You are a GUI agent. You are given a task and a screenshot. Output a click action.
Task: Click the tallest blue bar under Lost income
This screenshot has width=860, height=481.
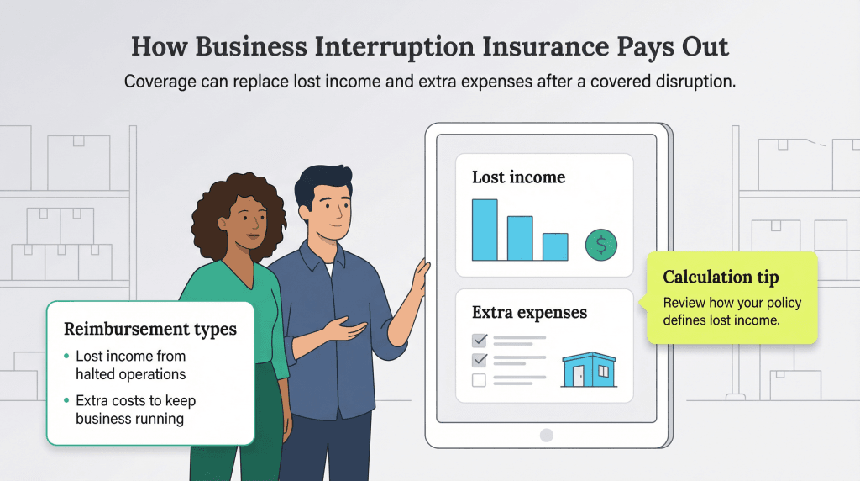pyautogui.click(x=485, y=230)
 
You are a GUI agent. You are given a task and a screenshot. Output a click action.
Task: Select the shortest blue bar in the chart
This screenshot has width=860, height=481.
pyautogui.click(x=555, y=246)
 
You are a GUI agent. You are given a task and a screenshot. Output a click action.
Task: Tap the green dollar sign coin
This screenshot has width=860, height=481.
pyautogui.click(x=601, y=245)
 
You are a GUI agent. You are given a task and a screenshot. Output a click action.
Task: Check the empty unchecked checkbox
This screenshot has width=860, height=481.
pyautogui.click(x=480, y=380)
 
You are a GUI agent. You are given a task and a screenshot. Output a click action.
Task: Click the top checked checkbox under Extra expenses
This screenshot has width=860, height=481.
pyautogui.click(x=480, y=341)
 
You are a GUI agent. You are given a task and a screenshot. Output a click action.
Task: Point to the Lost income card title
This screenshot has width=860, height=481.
pyautogui.click(x=518, y=177)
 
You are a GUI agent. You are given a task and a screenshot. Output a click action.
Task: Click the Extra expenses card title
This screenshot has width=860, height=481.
pyautogui.click(x=529, y=313)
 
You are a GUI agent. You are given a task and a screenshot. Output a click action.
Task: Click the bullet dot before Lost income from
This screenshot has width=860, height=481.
pyautogui.click(x=66, y=357)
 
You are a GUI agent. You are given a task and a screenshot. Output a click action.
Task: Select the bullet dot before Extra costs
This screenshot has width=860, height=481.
pyautogui.click(x=66, y=401)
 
